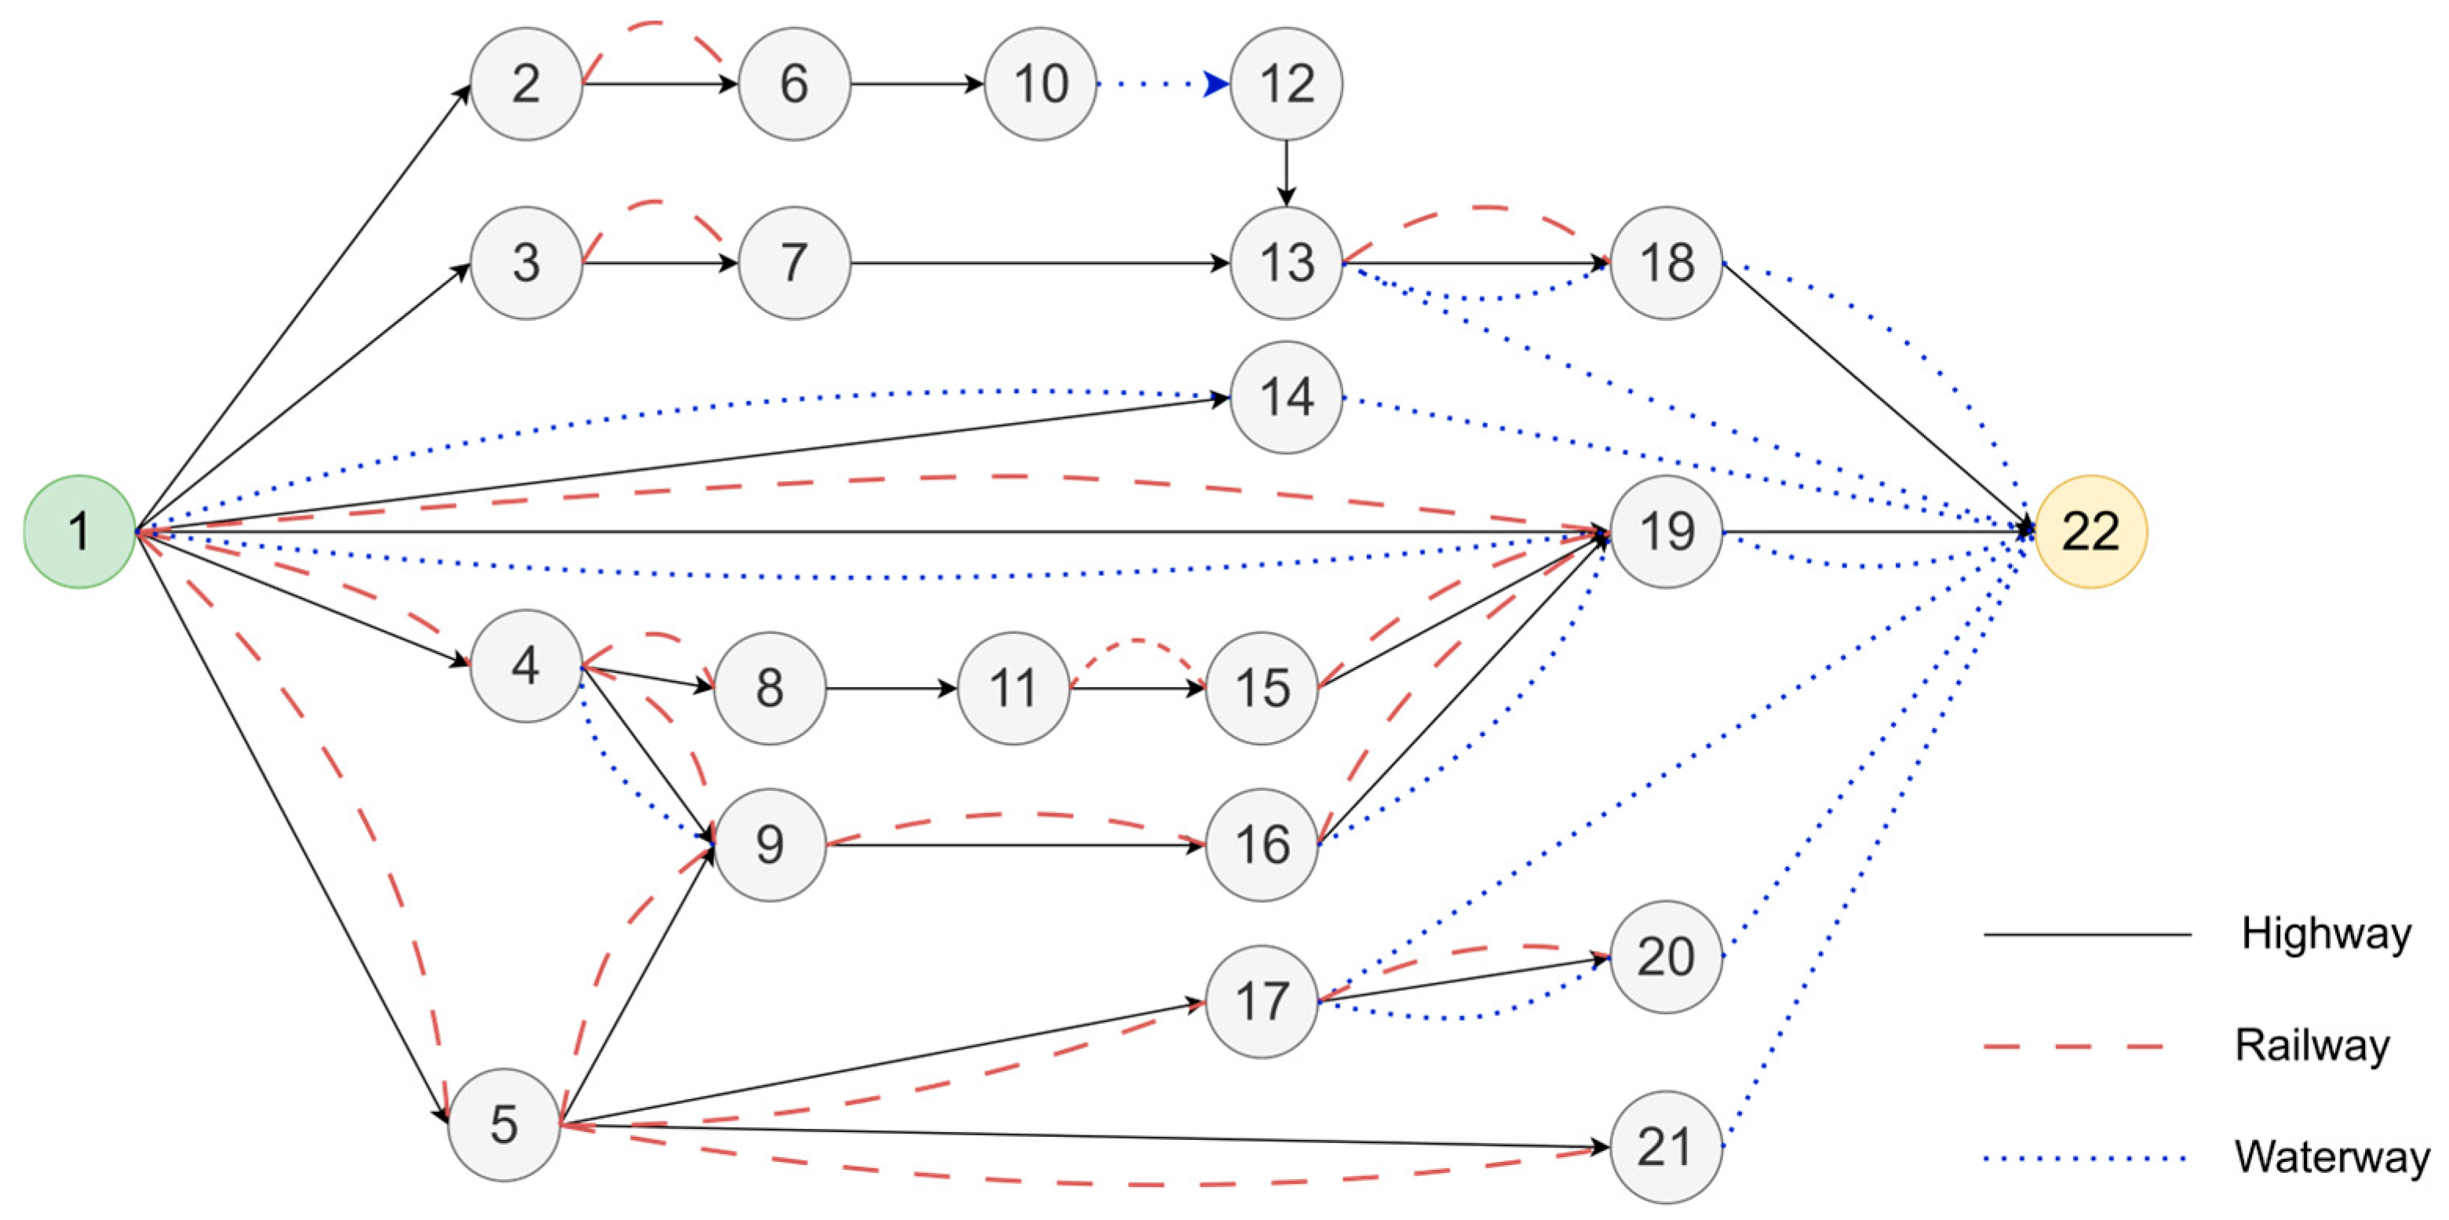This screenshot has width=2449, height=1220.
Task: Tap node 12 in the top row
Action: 1285,84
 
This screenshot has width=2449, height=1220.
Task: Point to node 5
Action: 503,1124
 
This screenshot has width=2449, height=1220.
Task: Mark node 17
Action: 1261,1000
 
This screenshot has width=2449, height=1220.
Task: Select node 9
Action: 769,843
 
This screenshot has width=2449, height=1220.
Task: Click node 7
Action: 794,263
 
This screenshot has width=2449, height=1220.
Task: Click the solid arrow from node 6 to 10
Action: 917,84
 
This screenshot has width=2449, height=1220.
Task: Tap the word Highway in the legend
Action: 2325,934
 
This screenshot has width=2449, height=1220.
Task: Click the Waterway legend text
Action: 2331,1157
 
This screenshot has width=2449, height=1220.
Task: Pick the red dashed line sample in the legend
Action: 2072,1046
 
